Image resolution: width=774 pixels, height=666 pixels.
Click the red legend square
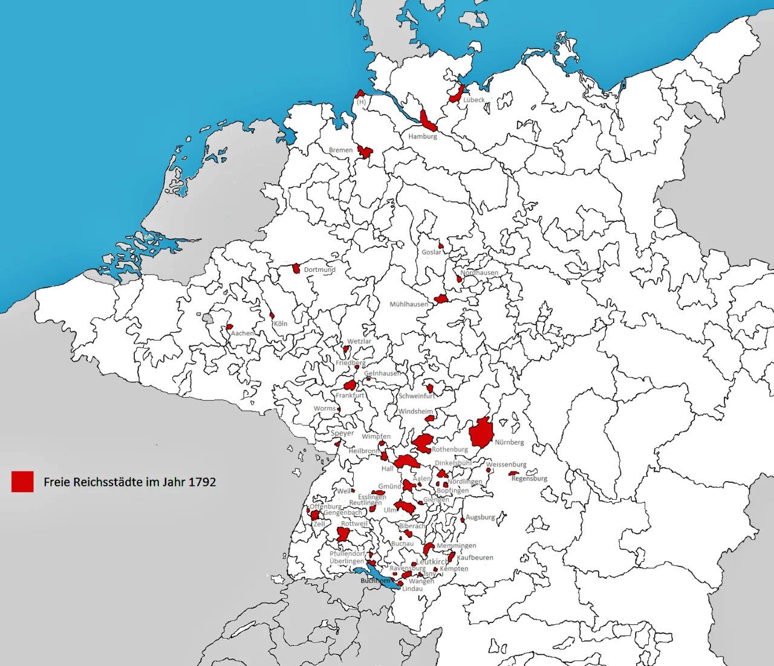pos(22,482)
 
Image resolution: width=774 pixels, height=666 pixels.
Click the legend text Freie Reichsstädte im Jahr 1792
pos(129,482)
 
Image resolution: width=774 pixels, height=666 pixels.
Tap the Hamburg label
pos(422,137)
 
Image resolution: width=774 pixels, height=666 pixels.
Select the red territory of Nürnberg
pos(481,433)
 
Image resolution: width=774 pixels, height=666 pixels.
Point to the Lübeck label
pos(474,100)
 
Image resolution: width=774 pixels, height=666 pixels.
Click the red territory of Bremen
pos(365,151)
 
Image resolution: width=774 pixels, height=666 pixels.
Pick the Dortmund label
pos(319,270)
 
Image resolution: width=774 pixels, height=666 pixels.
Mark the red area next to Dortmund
pos(296,268)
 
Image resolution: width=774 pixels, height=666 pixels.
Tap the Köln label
pos(281,324)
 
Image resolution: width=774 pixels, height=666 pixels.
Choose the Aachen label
pos(242,334)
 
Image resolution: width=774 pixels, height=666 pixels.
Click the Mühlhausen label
pos(409,305)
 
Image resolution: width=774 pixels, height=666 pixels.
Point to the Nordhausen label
pos(480,273)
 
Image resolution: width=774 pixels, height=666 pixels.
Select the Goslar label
pos(432,253)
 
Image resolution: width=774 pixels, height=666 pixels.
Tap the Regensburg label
pos(529,479)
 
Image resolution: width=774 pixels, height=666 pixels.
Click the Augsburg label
pos(480,517)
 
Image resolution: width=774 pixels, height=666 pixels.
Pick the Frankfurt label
pos(350,395)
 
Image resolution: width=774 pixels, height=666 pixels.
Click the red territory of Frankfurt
pos(350,385)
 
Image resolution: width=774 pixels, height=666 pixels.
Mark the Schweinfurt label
pos(417,396)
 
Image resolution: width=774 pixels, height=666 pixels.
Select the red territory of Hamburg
pos(428,121)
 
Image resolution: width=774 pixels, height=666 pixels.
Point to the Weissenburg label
pos(506,465)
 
